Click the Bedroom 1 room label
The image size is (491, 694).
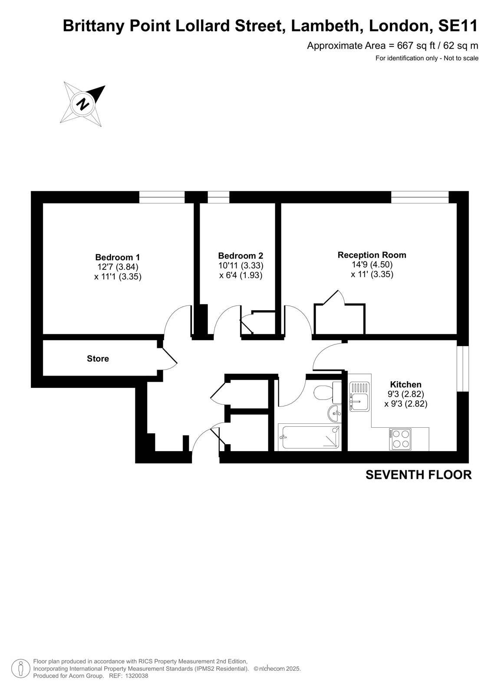click(117, 257)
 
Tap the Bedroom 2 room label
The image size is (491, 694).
click(241, 255)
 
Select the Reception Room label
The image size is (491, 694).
click(372, 255)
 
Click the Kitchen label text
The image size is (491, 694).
click(405, 384)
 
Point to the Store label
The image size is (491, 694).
click(98, 358)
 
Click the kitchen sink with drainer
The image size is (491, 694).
click(359, 396)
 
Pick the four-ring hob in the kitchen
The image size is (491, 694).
click(400, 439)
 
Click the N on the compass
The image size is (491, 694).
click(83, 104)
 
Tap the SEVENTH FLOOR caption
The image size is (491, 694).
click(419, 475)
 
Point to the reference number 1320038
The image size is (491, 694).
click(136, 676)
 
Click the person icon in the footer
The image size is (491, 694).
click(20, 669)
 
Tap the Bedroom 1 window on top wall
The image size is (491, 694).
click(162, 197)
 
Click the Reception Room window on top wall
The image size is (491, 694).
click(420, 197)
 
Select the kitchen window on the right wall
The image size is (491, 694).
click(463, 369)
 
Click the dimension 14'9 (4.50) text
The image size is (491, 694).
click(372, 265)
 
